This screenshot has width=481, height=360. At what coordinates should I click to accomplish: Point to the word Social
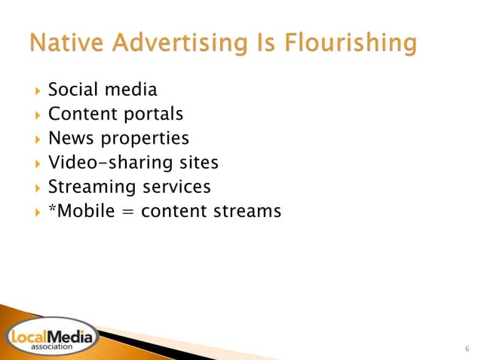[71, 90]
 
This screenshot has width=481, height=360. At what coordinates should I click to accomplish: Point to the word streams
[250, 211]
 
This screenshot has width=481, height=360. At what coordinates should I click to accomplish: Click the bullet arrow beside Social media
[30, 91]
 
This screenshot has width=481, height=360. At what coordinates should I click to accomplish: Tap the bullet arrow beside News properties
[30, 139]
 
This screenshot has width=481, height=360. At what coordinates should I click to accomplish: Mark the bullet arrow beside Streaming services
[30, 188]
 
